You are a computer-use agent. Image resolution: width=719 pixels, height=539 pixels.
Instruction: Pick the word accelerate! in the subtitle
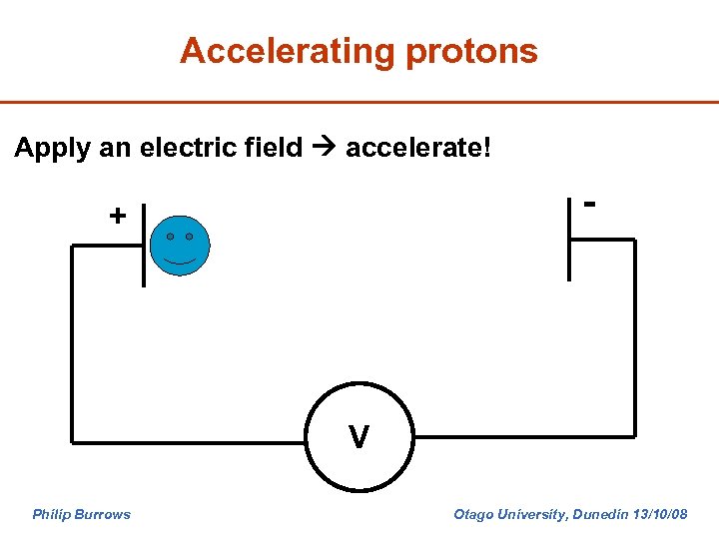(418, 148)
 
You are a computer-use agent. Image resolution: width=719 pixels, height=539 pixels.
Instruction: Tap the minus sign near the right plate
(590, 204)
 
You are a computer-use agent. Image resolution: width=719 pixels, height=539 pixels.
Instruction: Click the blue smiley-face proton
(180, 245)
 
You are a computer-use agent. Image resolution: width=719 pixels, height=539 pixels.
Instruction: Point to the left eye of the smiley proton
(170, 237)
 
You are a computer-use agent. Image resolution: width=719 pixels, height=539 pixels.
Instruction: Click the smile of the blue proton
(180, 261)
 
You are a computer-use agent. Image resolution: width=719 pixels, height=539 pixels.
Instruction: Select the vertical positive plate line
(143, 245)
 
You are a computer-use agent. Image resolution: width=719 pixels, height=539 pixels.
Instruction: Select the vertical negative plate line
(569, 239)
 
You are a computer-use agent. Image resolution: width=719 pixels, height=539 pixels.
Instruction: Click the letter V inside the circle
(359, 436)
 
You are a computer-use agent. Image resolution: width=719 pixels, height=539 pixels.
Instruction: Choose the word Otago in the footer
(474, 515)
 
